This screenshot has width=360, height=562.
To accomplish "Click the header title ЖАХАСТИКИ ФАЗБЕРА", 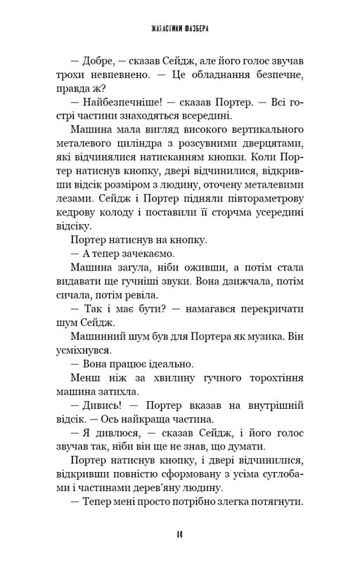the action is pyautogui.click(x=180, y=30).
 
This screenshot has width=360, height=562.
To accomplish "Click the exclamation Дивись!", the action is pyautogui.click(x=106, y=459).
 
